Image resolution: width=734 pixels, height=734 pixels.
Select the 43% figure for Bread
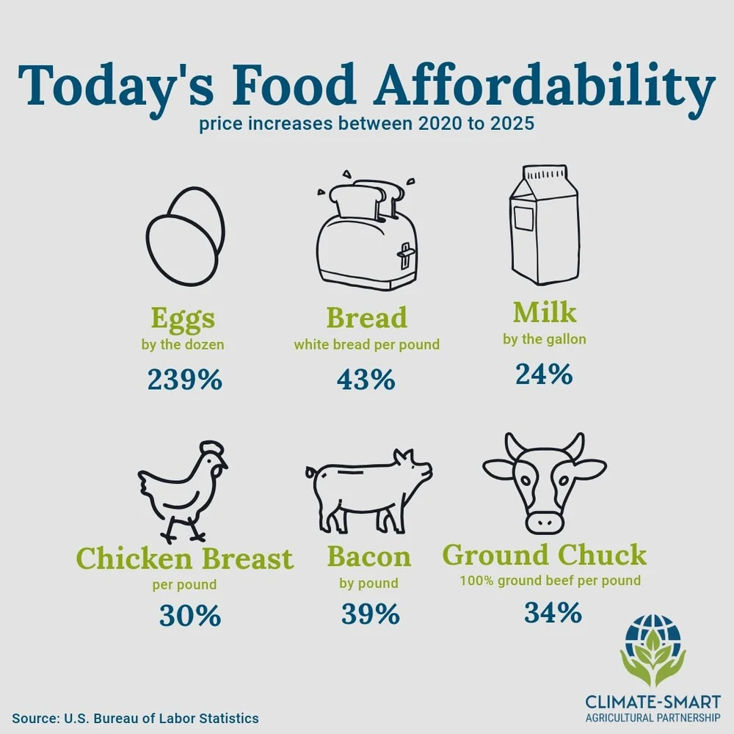point(366,379)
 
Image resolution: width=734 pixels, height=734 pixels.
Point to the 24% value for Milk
point(543,374)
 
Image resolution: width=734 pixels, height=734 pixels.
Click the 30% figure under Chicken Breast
point(189,615)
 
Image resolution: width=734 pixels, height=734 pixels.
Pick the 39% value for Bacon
point(370,614)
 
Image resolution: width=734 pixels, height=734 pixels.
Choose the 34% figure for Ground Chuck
point(553,611)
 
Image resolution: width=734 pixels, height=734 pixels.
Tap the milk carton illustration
point(543,225)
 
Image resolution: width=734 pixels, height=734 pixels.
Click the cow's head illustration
point(545,481)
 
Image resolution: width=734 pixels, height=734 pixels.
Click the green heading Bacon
point(369,556)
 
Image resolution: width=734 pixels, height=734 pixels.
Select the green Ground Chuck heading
point(544,554)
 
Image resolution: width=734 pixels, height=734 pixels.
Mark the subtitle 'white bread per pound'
point(366,344)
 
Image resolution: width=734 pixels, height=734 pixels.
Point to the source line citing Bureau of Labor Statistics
point(135,717)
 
